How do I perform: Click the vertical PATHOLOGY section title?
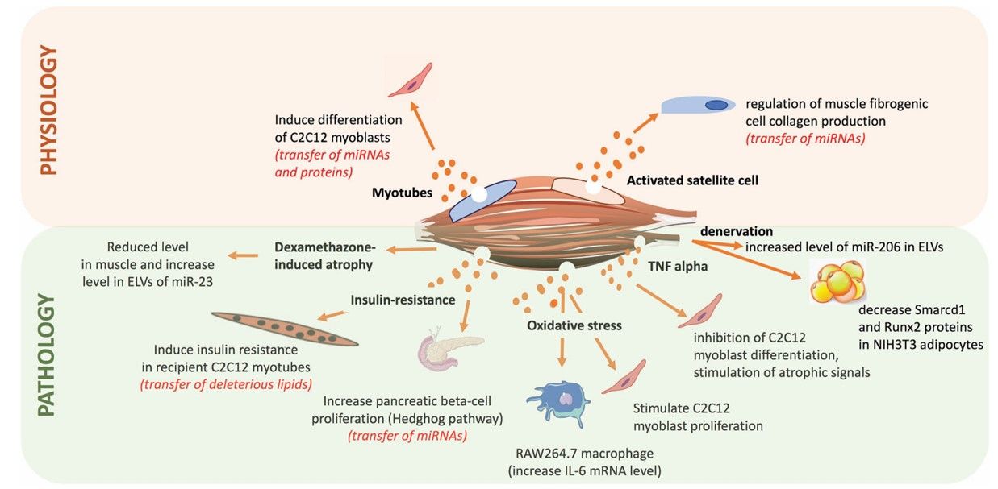tap(48, 354)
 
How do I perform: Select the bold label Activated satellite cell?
tap(692, 180)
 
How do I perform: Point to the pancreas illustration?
tap(438, 351)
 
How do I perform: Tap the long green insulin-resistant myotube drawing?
tap(284, 327)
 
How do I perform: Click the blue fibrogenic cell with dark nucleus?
tap(698, 106)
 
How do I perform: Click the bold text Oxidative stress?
tap(574, 326)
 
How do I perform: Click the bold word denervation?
tap(737, 231)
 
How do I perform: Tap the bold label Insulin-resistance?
tap(403, 300)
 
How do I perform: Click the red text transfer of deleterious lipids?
tap(226, 383)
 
